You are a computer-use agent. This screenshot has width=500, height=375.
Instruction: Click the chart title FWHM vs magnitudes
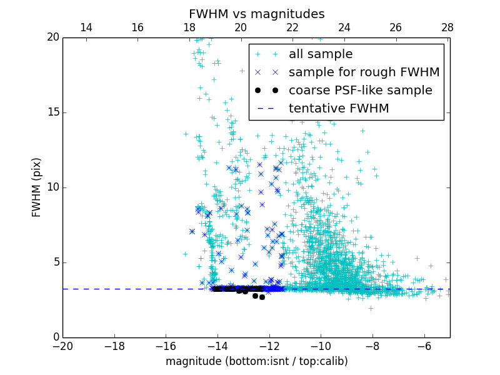pos(256,14)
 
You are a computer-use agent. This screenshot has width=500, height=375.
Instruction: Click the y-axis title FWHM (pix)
pos(37,187)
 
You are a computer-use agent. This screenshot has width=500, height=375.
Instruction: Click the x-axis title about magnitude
pos(256,361)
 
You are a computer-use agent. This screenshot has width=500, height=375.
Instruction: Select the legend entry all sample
pos(320,54)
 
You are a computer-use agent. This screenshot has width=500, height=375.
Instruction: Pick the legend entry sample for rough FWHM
pos(364,72)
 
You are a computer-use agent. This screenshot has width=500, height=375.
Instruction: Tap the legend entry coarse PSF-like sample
pos(360,90)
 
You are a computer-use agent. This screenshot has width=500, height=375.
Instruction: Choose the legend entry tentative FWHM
pos(338,108)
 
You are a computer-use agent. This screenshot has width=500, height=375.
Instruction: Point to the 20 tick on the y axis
pos(52,37)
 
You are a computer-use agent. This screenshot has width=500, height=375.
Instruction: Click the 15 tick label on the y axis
pos(52,112)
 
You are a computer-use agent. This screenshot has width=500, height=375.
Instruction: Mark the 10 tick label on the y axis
pos(52,187)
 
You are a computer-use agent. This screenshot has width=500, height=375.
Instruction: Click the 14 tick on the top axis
pos(86,28)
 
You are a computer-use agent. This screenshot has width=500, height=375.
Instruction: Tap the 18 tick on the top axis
pos(189,28)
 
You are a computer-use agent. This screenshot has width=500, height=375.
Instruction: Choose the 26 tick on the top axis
pos(396,28)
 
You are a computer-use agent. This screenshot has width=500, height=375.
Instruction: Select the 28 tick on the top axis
pos(447,28)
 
